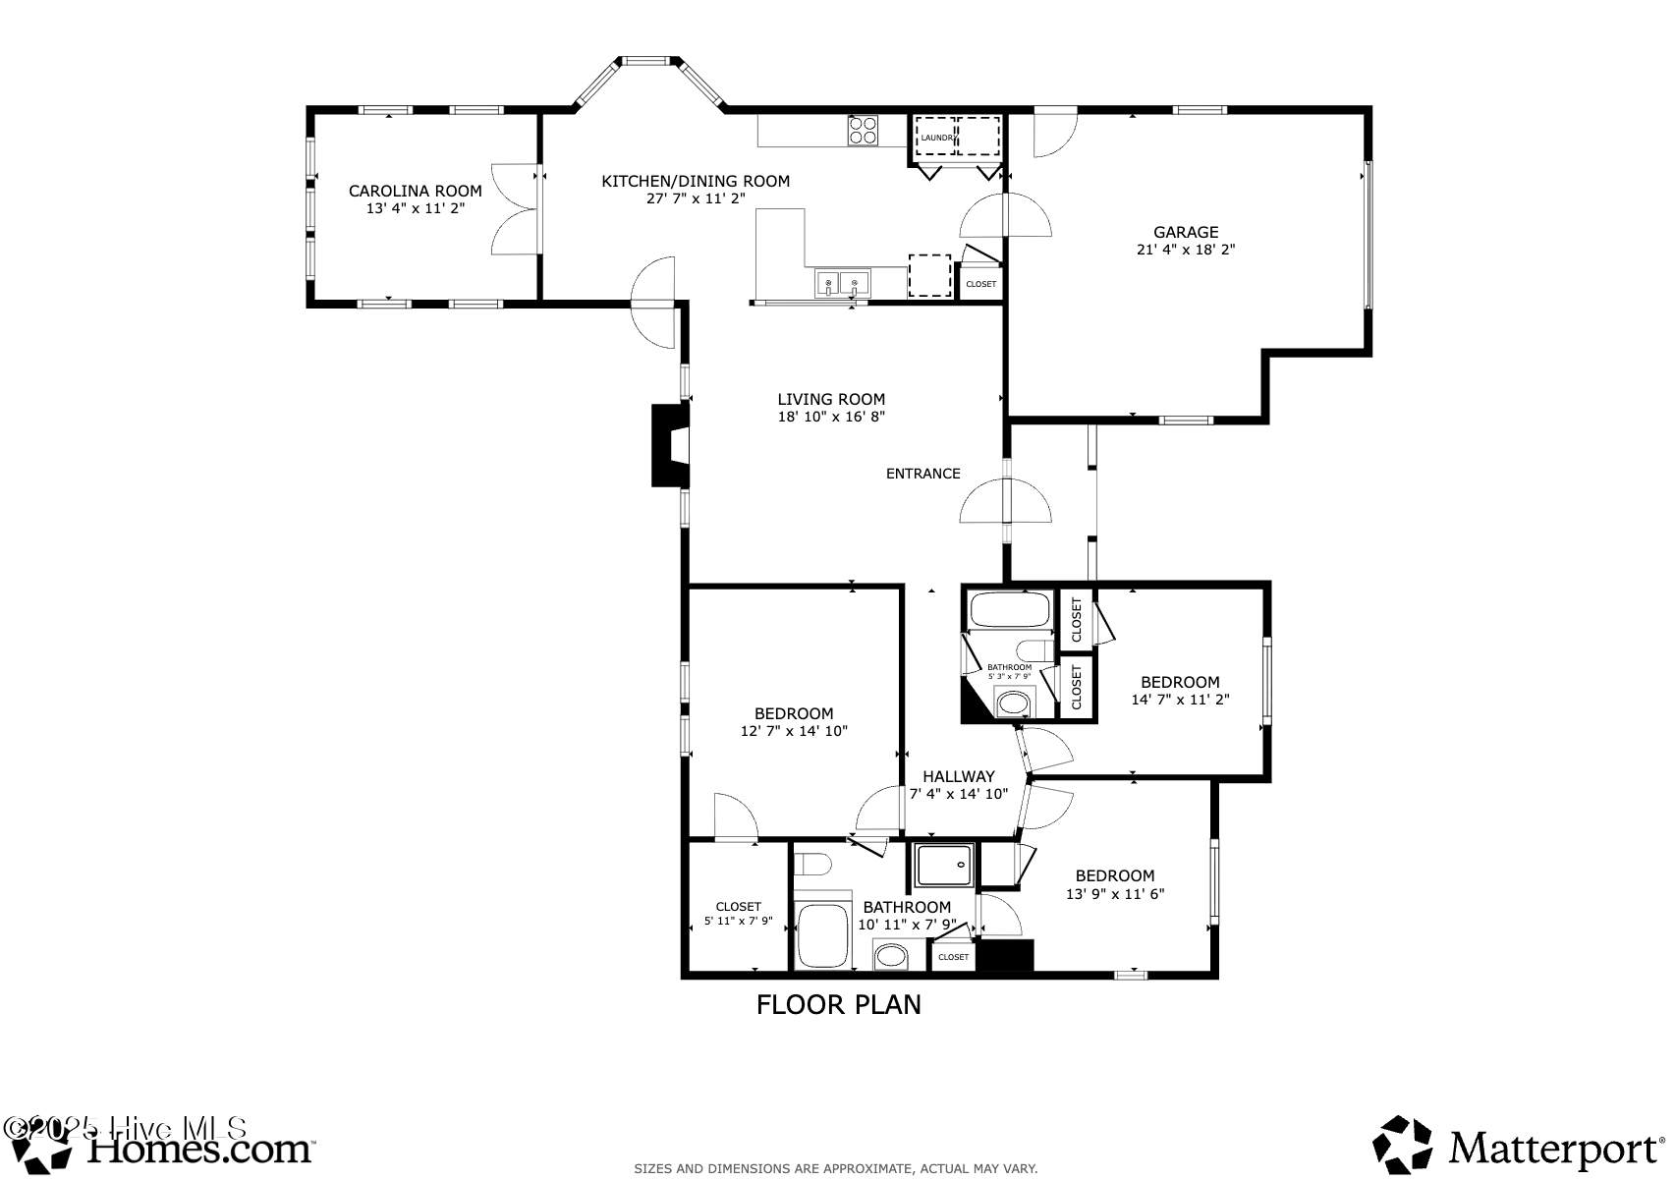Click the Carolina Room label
(x=416, y=191)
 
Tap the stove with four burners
(x=864, y=131)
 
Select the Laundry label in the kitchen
(x=936, y=138)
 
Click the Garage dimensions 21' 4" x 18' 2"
(x=1186, y=250)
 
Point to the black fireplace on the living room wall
(x=670, y=445)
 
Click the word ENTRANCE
(x=922, y=474)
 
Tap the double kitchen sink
(x=842, y=284)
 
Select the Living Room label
(x=831, y=399)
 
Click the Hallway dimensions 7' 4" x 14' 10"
(x=958, y=794)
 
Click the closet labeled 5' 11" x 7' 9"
(x=738, y=914)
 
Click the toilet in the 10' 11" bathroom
(x=812, y=864)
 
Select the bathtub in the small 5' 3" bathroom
(x=1011, y=610)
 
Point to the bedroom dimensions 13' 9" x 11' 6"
(x=1115, y=894)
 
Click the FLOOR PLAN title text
(x=838, y=1004)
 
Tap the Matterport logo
(x=1518, y=1145)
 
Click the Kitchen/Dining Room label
(x=696, y=181)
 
